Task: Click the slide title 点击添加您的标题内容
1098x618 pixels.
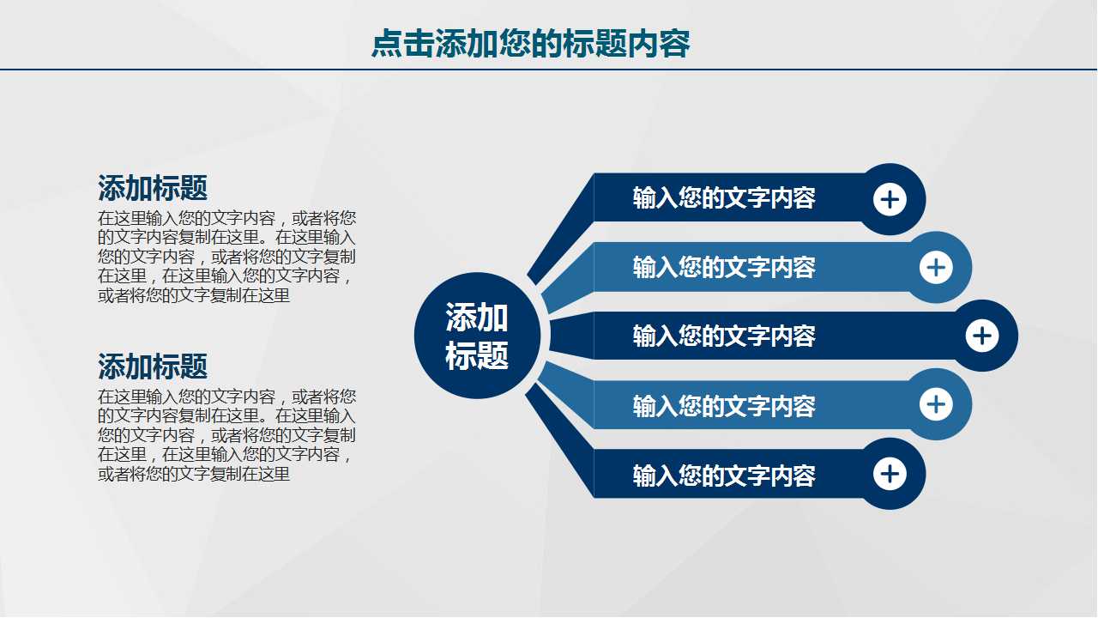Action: (x=530, y=43)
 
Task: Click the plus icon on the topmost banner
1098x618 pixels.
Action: (x=890, y=200)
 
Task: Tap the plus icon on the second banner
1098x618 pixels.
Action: (x=936, y=268)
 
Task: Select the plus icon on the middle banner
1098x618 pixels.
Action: (x=982, y=336)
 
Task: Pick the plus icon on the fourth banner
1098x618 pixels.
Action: (x=936, y=404)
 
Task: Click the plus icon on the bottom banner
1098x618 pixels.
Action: (x=890, y=474)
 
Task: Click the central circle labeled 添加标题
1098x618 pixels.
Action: (x=477, y=336)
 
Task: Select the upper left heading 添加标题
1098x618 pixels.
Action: (x=153, y=187)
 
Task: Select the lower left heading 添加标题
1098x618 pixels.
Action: (x=153, y=367)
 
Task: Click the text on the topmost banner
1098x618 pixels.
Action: (x=724, y=198)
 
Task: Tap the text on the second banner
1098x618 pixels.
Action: (x=724, y=267)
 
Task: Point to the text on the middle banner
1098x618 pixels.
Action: (x=724, y=336)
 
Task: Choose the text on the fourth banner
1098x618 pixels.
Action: (x=724, y=405)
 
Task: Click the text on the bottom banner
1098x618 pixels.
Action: (x=724, y=475)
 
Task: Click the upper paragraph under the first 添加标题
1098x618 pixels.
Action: (x=226, y=256)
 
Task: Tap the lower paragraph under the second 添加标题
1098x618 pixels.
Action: (x=226, y=435)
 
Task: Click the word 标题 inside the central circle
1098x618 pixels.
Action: (x=477, y=355)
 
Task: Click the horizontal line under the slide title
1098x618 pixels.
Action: (x=549, y=69)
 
